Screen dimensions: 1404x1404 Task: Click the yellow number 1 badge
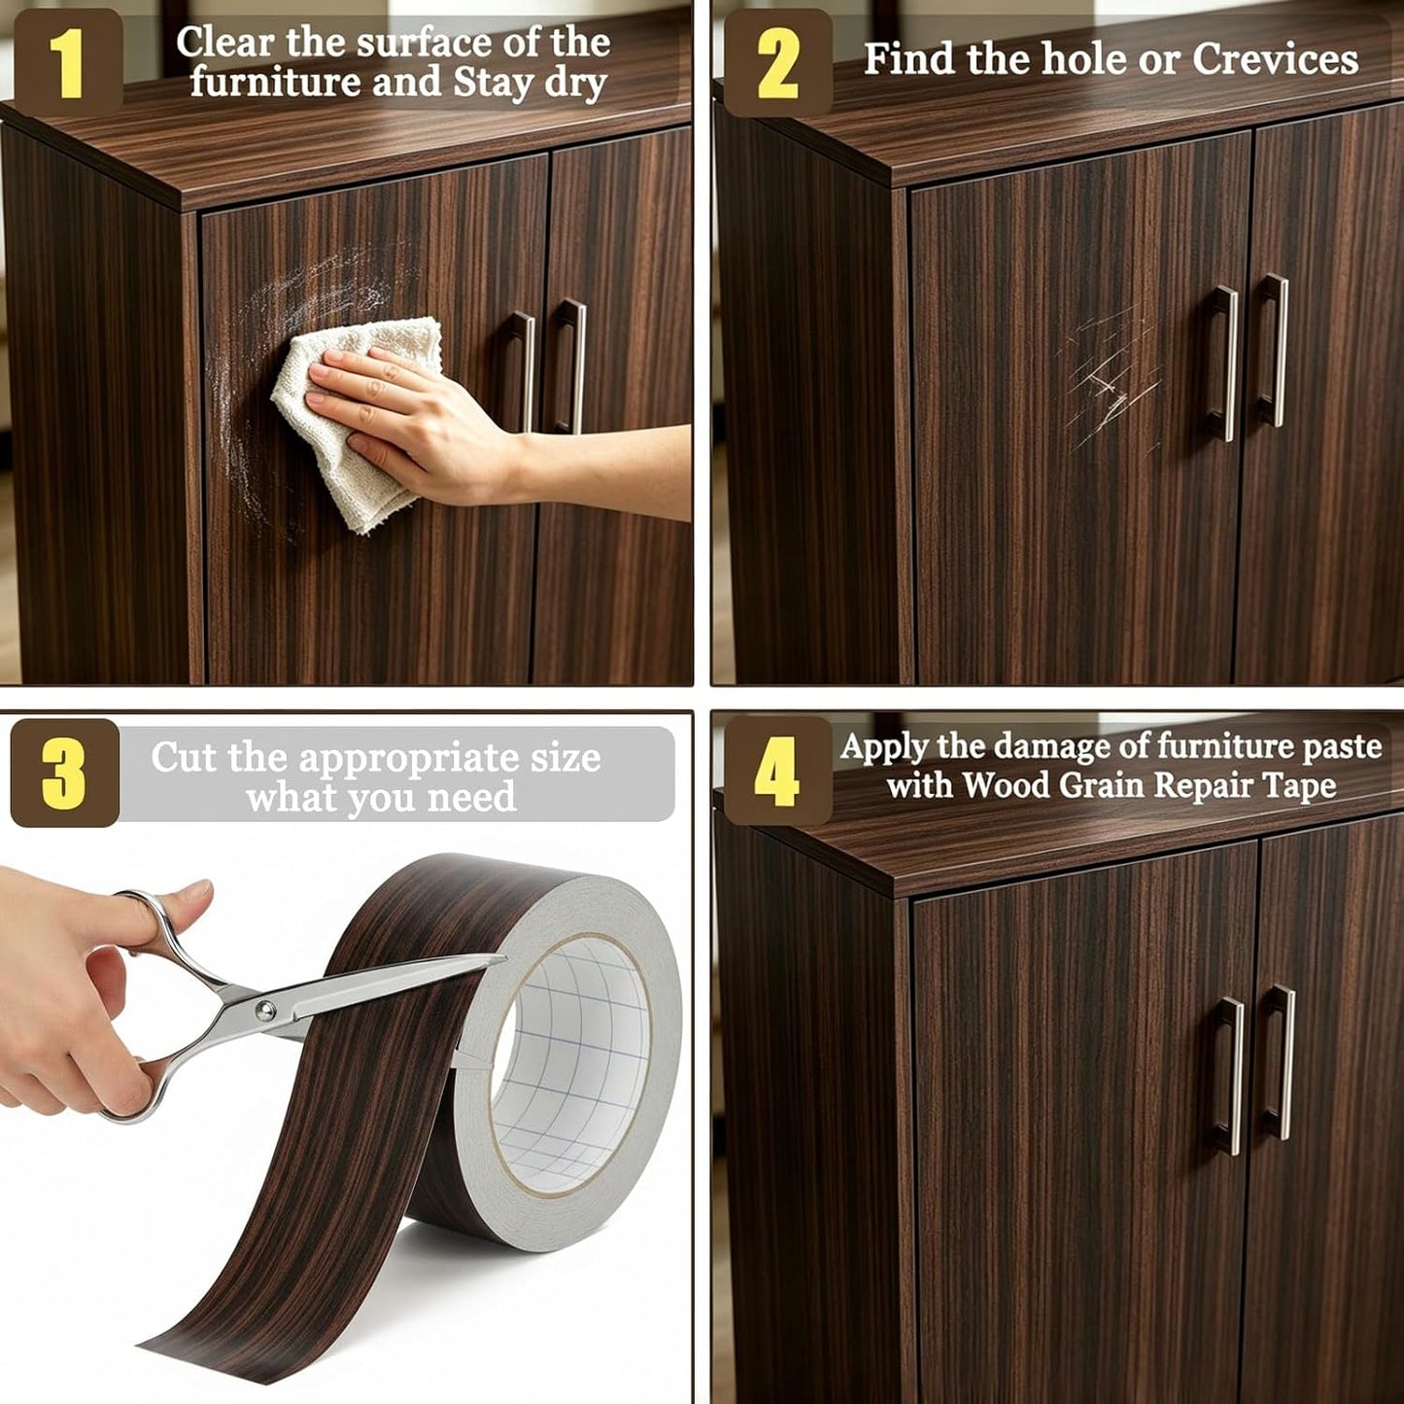68,62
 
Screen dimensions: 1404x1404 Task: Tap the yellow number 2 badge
777,63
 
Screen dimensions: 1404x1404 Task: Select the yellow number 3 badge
64,773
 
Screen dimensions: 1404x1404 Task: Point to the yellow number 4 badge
777,770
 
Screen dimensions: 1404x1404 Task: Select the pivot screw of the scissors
265,1010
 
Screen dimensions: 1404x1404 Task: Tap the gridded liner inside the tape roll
575,1049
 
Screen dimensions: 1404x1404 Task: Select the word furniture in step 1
275,83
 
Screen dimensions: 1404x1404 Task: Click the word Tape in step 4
1302,786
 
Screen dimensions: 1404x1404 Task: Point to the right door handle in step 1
569,365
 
